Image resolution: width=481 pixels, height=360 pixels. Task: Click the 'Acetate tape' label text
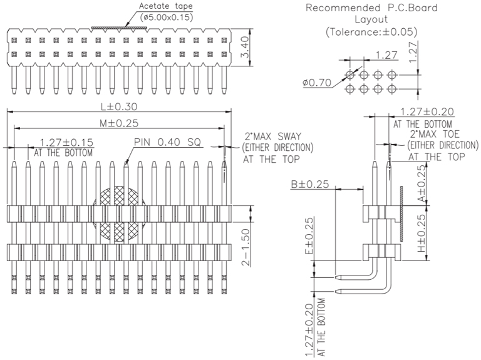(x=165, y=6)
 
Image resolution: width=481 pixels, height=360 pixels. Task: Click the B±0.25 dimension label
(x=311, y=184)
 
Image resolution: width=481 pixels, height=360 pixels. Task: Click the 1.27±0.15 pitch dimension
(x=66, y=143)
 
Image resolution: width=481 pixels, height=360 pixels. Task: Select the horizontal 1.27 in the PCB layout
(x=387, y=55)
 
